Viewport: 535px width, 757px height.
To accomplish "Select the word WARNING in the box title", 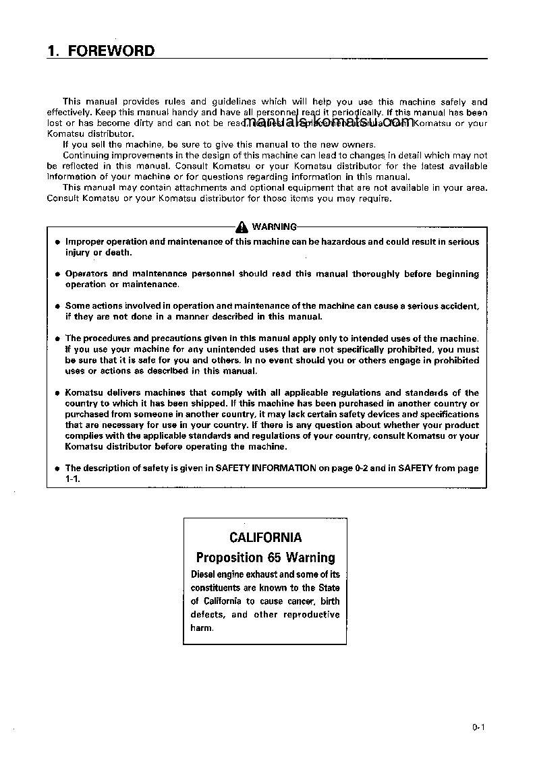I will coord(274,226).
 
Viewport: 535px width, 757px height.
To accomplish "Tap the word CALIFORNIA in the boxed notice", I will coord(265,537).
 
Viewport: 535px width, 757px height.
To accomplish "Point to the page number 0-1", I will coord(479,727).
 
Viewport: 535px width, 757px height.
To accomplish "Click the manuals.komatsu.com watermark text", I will coord(329,122).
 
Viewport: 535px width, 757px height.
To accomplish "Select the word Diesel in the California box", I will coord(204,574).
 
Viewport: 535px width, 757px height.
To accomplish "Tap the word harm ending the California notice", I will coord(202,628).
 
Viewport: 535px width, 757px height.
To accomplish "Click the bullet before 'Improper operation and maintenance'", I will coord(58,242).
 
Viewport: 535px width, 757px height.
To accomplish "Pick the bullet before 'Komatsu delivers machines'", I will coord(58,393).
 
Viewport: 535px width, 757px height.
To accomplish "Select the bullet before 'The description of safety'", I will coord(58,468).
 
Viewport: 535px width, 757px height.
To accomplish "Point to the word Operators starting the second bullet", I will coord(86,274).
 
